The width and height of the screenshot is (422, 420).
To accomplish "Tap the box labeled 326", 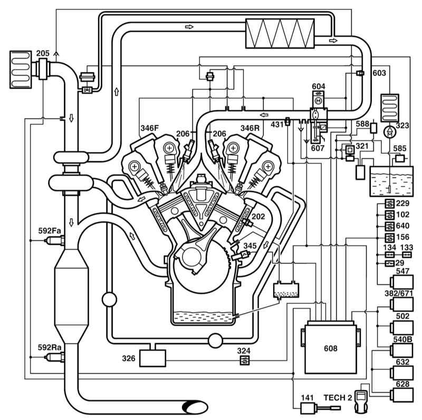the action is [x=152, y=358].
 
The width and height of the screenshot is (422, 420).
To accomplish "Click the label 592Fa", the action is [x=50, y=231].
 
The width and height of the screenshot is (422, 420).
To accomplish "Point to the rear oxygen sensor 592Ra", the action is [x=54, y=357].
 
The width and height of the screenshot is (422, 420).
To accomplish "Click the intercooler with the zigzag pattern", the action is [x=280, y=33].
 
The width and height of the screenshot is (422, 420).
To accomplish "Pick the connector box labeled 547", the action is [x=401, y=282].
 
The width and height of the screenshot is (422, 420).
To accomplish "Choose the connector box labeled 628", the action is [x=401, y=395].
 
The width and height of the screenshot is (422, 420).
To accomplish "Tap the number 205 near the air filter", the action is [x=43, y=53].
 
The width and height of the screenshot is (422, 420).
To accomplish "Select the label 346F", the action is [x=150, y=128].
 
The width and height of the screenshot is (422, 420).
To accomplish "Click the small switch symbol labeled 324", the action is [x=245, y=360].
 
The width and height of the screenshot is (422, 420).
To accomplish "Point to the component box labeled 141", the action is [x=307, y=408].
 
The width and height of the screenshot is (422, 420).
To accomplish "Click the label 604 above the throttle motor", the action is [x=319, y=87].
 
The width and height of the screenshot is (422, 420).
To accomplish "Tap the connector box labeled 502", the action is [x=401, y=328].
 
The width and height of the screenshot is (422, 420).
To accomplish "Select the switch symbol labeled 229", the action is [x=390, y=204].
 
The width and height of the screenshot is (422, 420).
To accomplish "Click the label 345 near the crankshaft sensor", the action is [x=250, y=246].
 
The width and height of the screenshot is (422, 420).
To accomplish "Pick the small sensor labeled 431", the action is [x=287, y=121].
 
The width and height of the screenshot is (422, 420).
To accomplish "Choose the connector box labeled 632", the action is [x=401, y=373].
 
